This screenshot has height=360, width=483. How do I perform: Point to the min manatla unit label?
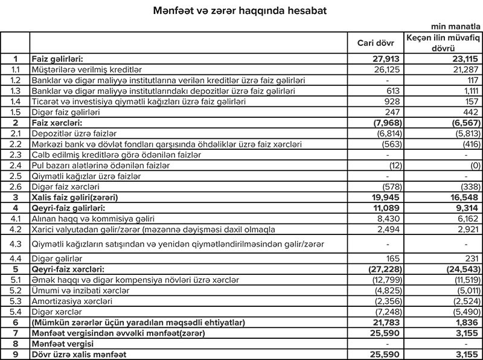pos(456,27)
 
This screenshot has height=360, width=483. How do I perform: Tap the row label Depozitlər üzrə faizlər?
pos(73,133)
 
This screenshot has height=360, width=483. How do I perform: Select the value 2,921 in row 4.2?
pos(465,229)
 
